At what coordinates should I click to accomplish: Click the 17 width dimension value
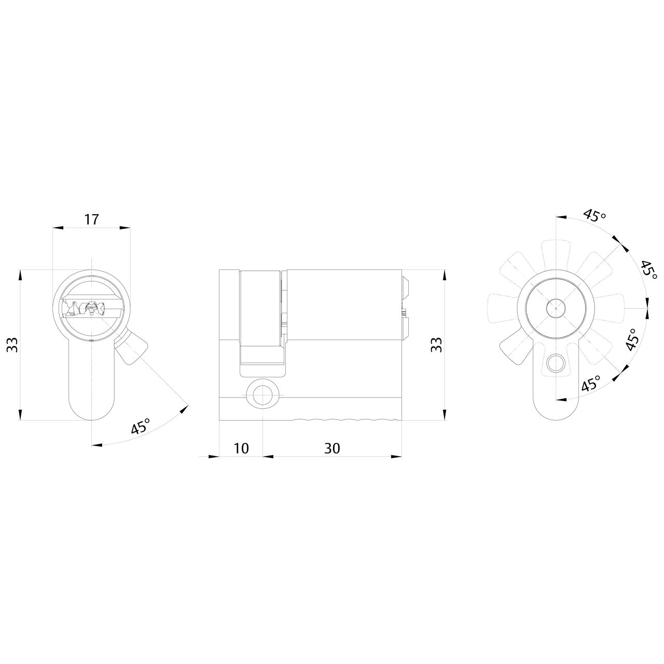pos(91,219)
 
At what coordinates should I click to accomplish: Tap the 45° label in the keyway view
pos(141,426)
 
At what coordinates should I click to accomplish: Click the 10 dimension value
pos(241,448)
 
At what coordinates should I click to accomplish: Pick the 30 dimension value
pos(332,448)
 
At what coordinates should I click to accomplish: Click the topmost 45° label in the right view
pos(594,215)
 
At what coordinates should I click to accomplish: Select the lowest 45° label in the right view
pos(590,384)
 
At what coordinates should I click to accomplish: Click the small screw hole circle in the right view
pos(556,363)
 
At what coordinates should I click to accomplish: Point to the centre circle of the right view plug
pos(556,308)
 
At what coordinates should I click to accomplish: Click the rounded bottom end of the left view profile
pos(91,410)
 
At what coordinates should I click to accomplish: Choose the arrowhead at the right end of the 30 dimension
pos(397,457)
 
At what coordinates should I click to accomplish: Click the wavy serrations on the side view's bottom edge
pos(342,419)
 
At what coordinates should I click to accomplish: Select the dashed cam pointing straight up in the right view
pos(556,254)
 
